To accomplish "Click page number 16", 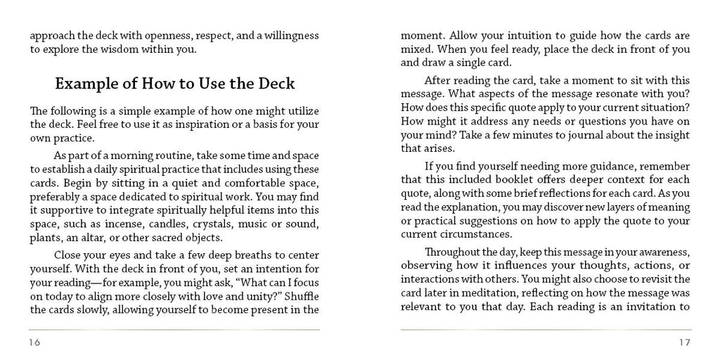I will [34, 342].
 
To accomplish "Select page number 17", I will [685, 342].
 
